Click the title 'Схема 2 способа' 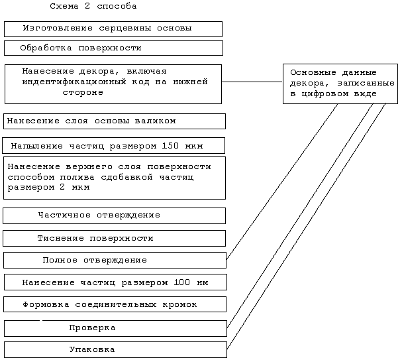(93, 6)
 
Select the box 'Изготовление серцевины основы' (113, 29)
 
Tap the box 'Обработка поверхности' (113, 48)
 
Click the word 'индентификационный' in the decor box (74, 82)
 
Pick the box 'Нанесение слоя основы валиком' (115, 121)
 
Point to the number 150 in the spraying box (170, 146)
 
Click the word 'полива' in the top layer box (77, 177)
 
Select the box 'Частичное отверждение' (115, 215)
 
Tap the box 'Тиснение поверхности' (115, 239)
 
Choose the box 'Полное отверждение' (115, 261)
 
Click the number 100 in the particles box (182, 282)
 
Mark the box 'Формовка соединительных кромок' (115, 304)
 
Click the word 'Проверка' (92, 328)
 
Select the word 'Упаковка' (92, 349)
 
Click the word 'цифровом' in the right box (325, 94)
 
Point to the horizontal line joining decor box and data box (252, 82)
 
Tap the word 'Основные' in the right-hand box (313, 72)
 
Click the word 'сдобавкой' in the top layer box (126, 177)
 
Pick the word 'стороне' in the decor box (83, 92)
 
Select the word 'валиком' (156, 121)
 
